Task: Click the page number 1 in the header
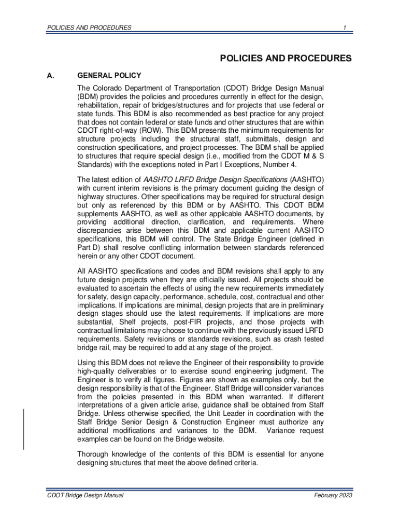pyautogui.click(x=344, y=27)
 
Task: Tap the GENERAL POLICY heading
pyautogui.click(x=109, y=76)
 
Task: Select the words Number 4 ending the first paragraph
pyautogui.click(x=282, y=165)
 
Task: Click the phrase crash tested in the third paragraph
pyautogui.click(x=303, y=339)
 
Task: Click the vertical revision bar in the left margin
pyautogui.click(x=24, y=429)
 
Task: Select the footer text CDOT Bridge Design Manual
pyautogui.click(x=85, y=496)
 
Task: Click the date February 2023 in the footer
pyautogui.click(x=333, y=496)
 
